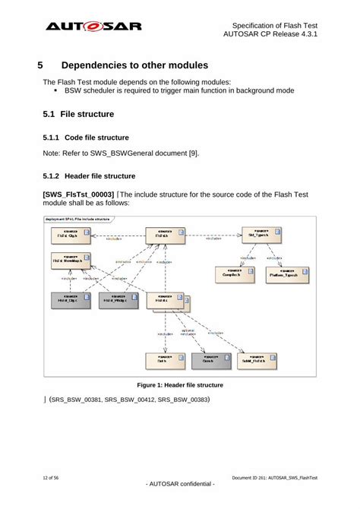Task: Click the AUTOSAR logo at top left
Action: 93,27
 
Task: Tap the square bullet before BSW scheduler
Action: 57,91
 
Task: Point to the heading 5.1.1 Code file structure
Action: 85,138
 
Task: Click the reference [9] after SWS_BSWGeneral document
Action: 194,153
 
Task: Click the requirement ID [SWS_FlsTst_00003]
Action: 79,194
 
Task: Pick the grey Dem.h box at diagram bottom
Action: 209,361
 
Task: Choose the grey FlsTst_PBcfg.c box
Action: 118,301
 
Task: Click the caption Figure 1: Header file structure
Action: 179,385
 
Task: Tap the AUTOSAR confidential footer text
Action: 179,484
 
